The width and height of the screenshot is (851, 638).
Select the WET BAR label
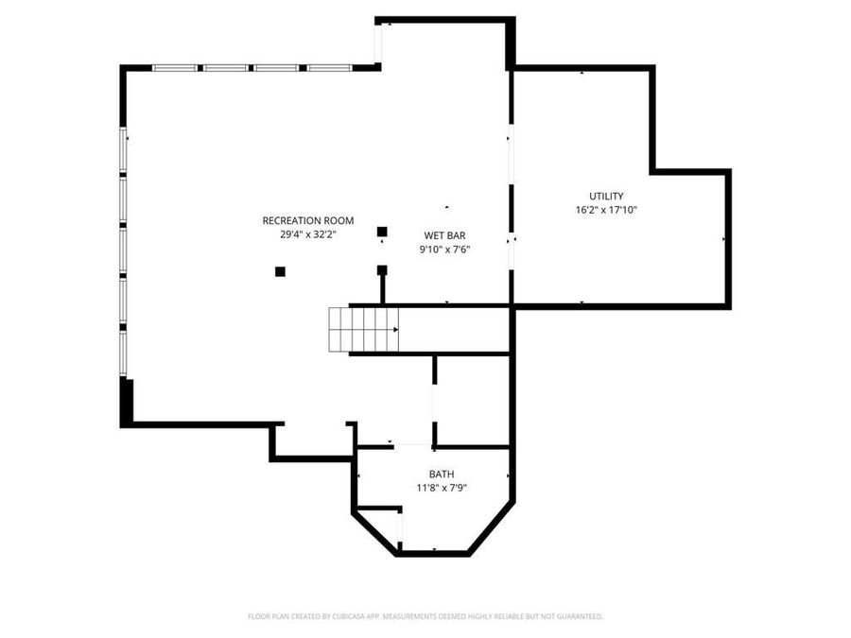tap(444, 235)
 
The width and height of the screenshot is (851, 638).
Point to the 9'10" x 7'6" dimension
tap(444, 250)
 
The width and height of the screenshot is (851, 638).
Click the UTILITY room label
tap(606, 197)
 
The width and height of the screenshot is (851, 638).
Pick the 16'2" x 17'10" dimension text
tap(606, 210)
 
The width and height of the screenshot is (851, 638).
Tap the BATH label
tap(442, 474)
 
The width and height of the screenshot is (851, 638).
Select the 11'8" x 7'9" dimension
tap(442, 488)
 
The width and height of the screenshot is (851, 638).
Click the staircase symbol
tap(363, 330)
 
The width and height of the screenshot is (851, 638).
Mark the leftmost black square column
tap(280, 271)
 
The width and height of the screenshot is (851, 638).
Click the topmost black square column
tap(382, 232)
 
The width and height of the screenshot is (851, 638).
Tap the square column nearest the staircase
tap(382, 270)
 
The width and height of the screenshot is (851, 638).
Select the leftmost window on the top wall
tap(175, 68)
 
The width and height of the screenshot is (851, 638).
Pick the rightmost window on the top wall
tap(329, 68)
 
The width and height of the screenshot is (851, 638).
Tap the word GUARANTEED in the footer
tap(579, 616)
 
